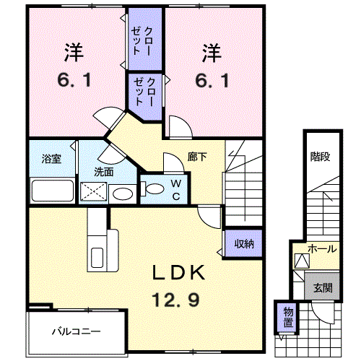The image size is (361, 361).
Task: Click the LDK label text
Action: pyautogui.click(x=179, y=272)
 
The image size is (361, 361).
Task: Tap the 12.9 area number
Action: pyautogui.click(x=175, y=300)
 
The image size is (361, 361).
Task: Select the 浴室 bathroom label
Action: pyautogui.click(x=51, y=159)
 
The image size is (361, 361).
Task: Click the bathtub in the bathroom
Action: pyautogui.click(x=53, y=191)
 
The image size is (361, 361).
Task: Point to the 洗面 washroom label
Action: pyautogui.click(x=104, y=172)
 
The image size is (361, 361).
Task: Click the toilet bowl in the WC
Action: pyautogui.click(x=152, y=188)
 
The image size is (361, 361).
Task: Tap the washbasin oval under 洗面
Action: pyautogui.click(x=123, y=193)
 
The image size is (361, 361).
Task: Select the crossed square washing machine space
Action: pyautogui.click(x=93, y=192)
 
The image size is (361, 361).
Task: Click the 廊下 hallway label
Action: pyautogui.click(x=197, y=157)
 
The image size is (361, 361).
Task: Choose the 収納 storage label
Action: pyautogui.click(x=244, y=244)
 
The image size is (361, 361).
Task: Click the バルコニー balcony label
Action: pyautogui.click(x=77, y=331)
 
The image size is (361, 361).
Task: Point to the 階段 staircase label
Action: pyautogui.click(x=320, y=157)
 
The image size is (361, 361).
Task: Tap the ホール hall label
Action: pyautogui.click(x=322, y=248)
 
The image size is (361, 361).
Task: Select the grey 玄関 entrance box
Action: pyautogui.click(x=322, y=286)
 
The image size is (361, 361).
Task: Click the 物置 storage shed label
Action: pyautogui.click(x=288, y=317)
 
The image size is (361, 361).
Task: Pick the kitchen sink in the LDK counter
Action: pyautogui.click(x=97, y=257)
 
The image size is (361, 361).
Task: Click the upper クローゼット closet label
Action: pyautogui.click(x=142, y=41)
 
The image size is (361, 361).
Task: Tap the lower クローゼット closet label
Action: pyautogui.click(x=144, y=92)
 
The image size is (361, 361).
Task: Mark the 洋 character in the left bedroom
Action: pyautogui.click(x=74, y=52)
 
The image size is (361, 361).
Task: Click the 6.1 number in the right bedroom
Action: pyautogui.click(x=212, y=80)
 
